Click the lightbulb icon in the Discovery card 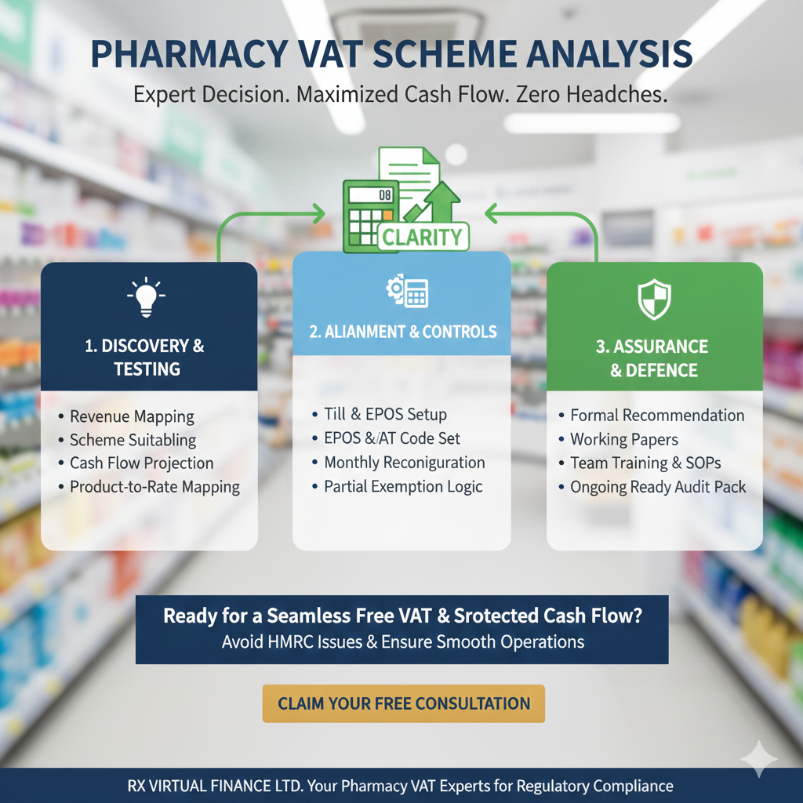(x=147, y=297)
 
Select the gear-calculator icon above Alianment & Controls (x=405, y=292)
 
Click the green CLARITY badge (x=422, y=236)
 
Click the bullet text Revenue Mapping (x=132, y=416)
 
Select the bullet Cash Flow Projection (x=141, y=463)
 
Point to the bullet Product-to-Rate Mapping (x=154, y=487)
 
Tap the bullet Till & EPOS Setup (x=385, y=414)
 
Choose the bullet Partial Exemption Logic (x=403, y=487)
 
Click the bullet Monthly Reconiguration (x=405, y=463)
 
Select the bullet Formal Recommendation (x=657, y=416)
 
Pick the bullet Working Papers (x=624, y=440)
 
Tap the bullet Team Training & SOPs (x=645, y=463)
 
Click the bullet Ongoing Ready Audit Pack (x=658, y=487)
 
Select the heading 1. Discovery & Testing (x=147, y=358)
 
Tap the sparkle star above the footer (x=758, y=758)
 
